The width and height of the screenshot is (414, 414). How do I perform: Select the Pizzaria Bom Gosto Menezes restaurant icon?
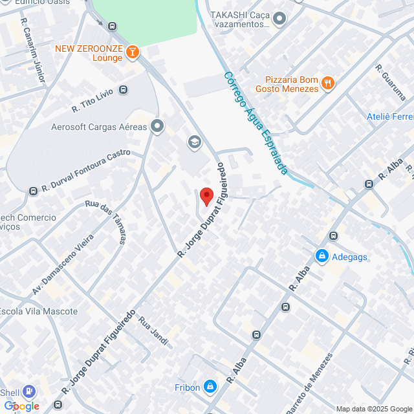[x=329, y=83]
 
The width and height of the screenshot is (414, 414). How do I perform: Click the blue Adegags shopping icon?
[x=321, y=257]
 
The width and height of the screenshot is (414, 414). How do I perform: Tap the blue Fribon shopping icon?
[x=210, y=387]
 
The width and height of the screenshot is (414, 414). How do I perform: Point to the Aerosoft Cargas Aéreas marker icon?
[x=157, y=127]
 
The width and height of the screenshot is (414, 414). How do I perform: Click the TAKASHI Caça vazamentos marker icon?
[x=279, y=19]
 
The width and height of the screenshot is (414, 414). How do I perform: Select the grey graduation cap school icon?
[x=193, y=142]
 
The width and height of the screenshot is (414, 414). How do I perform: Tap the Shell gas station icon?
[x=28, y=391]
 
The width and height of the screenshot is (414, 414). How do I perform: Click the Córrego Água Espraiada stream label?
[x=256, y=123]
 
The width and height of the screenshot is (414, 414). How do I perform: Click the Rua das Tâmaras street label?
[x=105, y=221]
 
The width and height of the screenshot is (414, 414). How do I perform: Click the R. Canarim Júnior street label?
[x=33, y=50]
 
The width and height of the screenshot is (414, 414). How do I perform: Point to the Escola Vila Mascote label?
[x=39, y=311]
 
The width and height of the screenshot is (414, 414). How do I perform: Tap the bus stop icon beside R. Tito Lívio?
[x=124, y=90]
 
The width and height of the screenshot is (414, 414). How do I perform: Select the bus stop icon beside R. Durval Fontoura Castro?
[x=33, y=191]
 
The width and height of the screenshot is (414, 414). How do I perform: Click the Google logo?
[x=21, y=406]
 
